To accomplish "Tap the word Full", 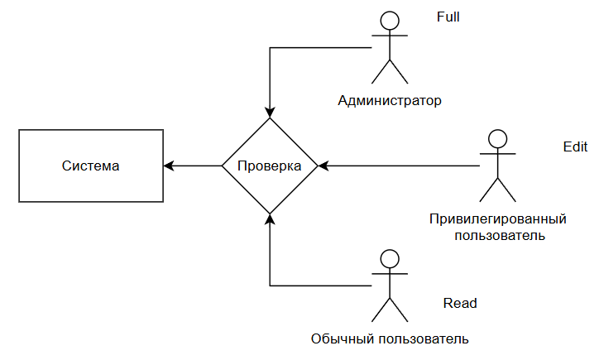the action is tap(448, 17).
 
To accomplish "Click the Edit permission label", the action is tap(575, 146).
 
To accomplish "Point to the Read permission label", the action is tap(460, 303).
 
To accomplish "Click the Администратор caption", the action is tap(390, 100).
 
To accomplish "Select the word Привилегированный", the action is tap(498, 219).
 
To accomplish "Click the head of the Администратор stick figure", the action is tap(390, 21).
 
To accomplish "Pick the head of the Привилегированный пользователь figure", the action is tap(498, 139).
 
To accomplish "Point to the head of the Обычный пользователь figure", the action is tap(390, 259).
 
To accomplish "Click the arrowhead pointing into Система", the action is tap(169, 166).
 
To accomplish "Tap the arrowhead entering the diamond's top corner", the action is tap(270, 113).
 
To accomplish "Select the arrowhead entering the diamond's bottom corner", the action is tap(270, 219).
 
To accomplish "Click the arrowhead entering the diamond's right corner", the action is tap(323, 166).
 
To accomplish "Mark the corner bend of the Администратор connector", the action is tap(270, 48).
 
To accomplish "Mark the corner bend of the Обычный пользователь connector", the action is tap(270, 286).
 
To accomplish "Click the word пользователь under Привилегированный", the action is tap(500, 235).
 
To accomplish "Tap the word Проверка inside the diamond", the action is tap(270, 166).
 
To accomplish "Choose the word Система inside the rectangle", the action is tap(90, 166).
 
